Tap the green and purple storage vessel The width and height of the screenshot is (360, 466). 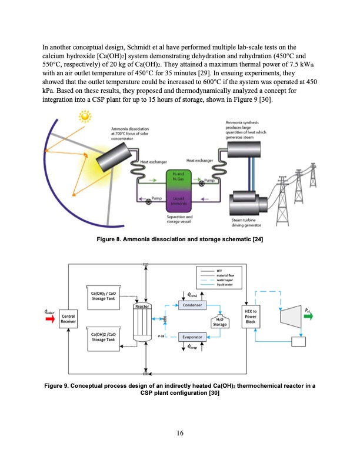coord(182,191)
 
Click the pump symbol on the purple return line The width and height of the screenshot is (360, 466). coord(148,201)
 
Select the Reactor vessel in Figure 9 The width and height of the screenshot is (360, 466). coord(144,323)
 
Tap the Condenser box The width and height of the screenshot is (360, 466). coord(194,305)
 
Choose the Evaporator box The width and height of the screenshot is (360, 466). coord(194,337)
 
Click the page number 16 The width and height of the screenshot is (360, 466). coord(180,434)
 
